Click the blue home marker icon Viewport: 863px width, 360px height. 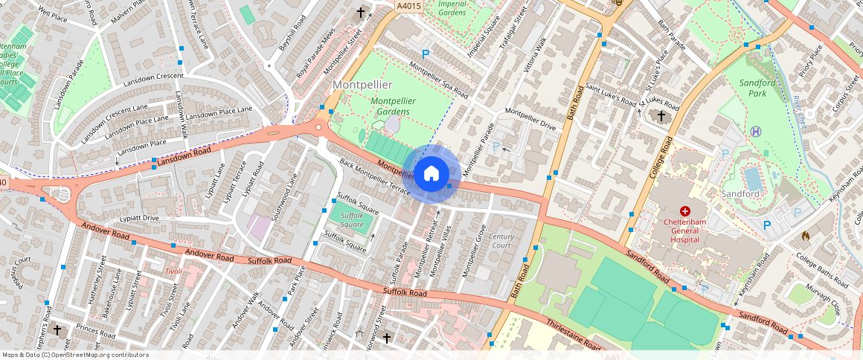[x=431, y=174]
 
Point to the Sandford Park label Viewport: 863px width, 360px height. [x=757, y=89]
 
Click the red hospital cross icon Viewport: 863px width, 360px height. [x=684, y=212]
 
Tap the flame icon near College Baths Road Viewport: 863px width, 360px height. [x=805, y=236]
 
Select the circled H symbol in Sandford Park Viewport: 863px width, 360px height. [x=757, y=131]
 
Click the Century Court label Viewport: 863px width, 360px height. [x=501, y=241]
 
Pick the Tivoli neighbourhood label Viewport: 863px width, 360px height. [x=173, y=271]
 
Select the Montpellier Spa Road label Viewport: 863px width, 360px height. [x=439, y=83]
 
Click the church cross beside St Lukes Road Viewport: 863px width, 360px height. [x=661, y=115]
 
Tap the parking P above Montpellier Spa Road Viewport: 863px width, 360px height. [x=426, y=54]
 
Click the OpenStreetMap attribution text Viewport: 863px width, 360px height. [x=75, y=355]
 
